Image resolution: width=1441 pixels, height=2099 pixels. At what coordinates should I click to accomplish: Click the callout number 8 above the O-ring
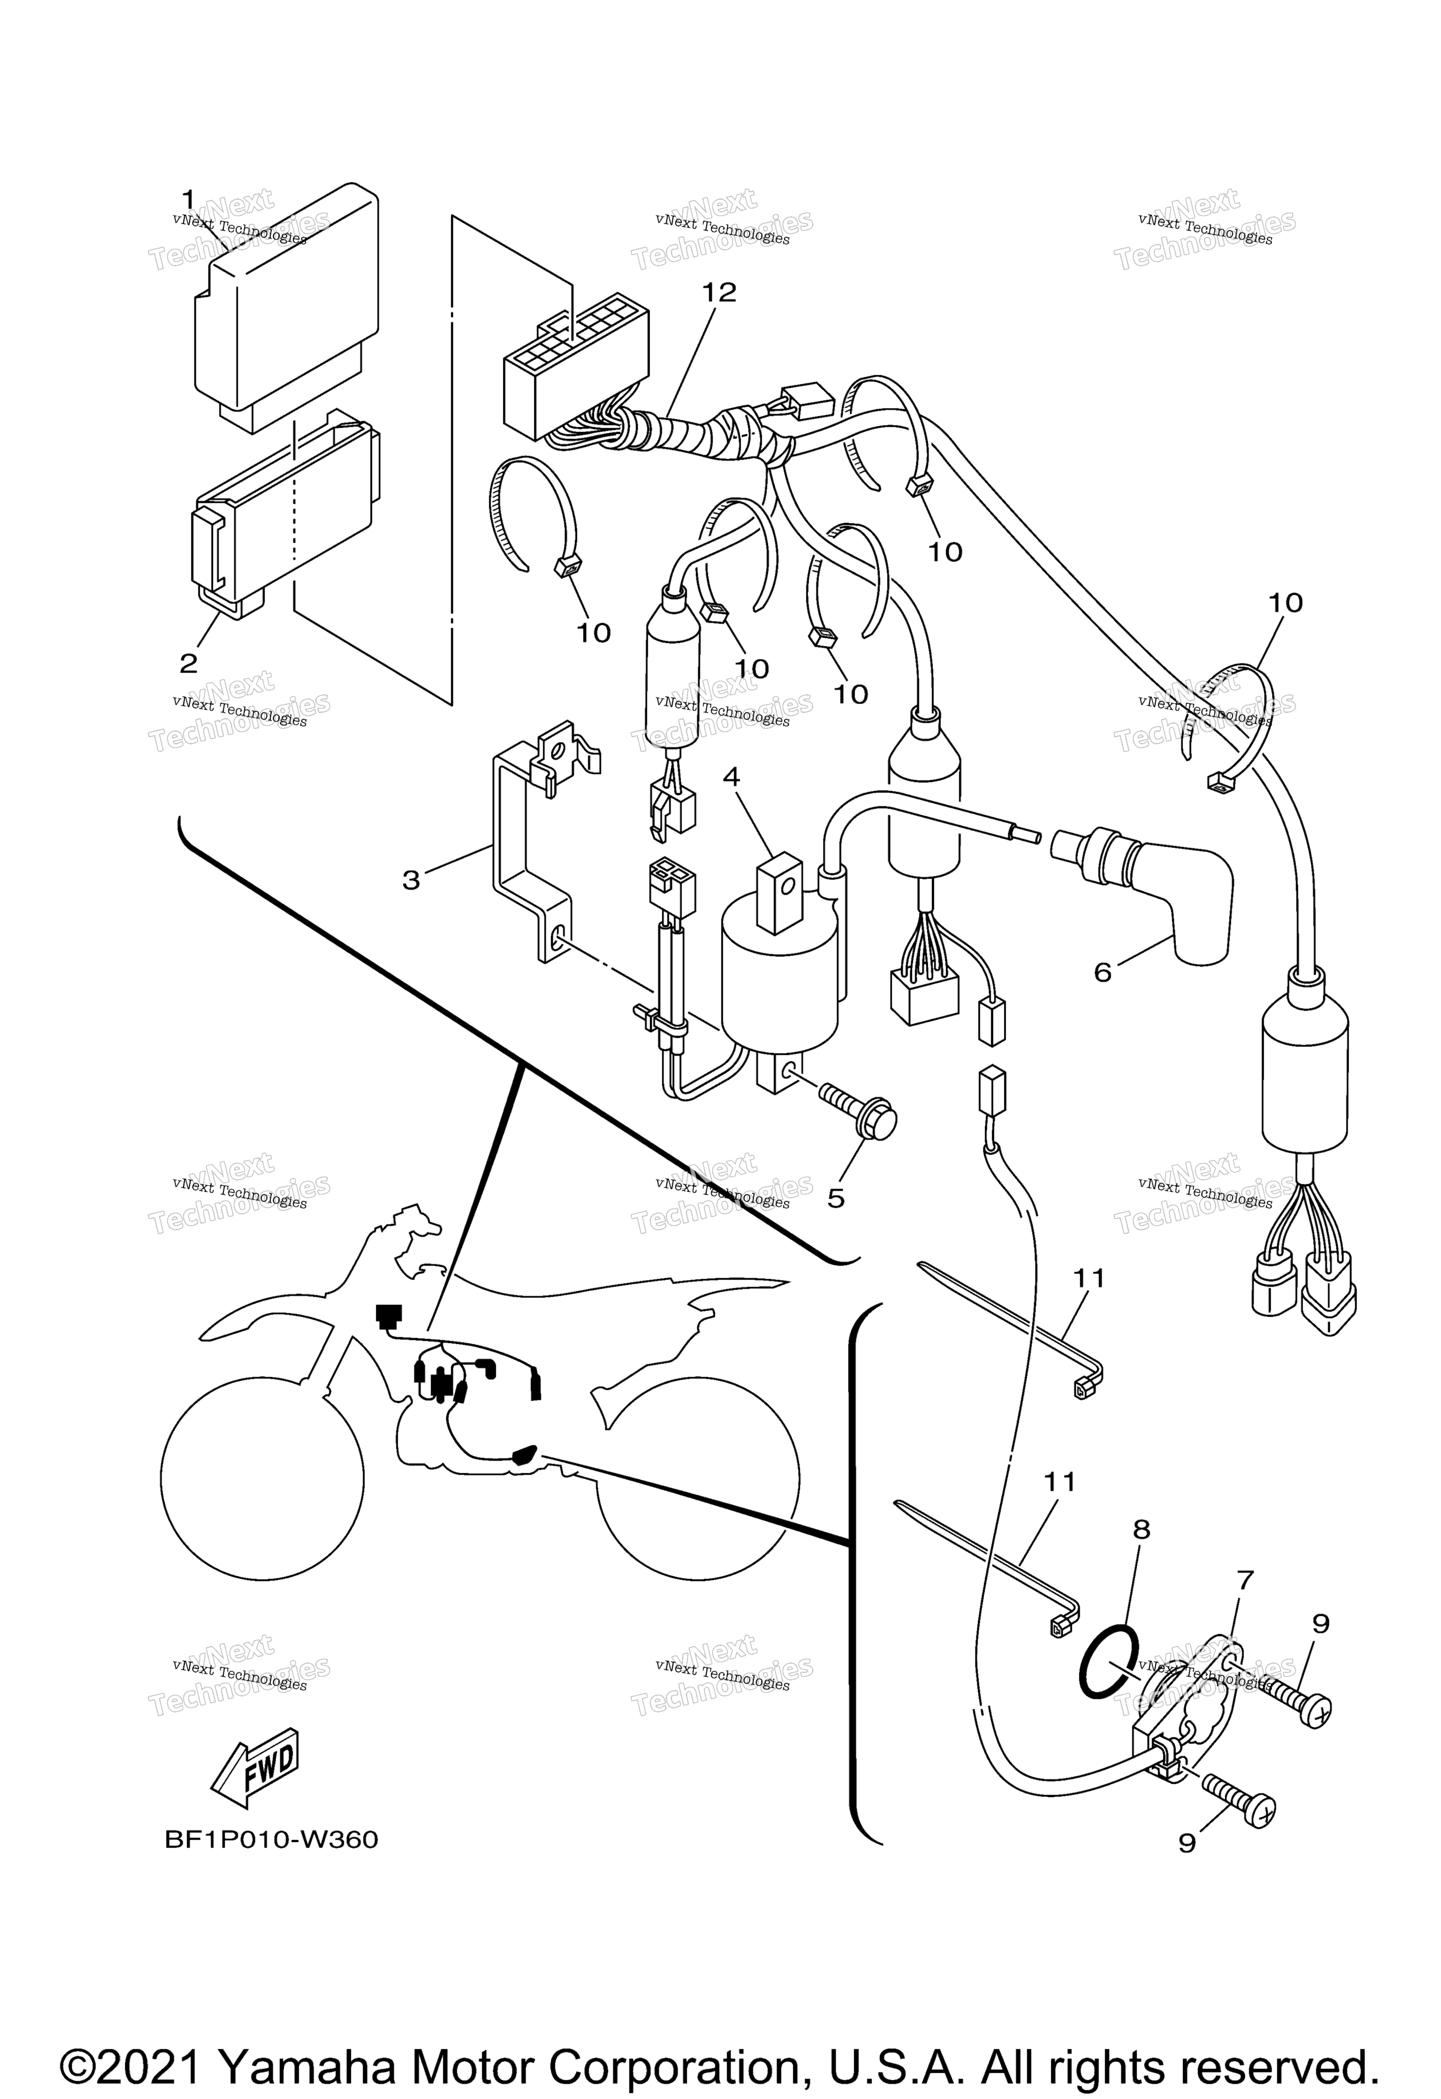(x=1142, y=1529)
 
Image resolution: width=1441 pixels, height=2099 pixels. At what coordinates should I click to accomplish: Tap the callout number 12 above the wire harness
(x=720, y=292)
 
